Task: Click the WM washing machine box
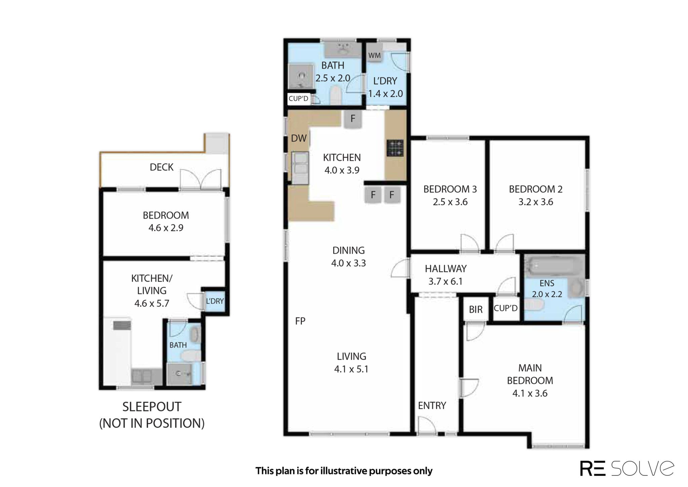coord(374,55)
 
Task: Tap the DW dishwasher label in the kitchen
coord(299,138)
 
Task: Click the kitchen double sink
coord(300,168)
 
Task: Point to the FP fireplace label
coord(300,321)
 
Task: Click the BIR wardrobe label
coord(476,309)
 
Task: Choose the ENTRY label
coord(432,405)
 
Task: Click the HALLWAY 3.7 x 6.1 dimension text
coord(445,281)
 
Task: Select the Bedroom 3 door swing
coord(470,243)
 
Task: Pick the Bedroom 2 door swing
coord(505,243)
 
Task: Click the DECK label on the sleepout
coord(162,167)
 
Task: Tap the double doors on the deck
coord(201,179)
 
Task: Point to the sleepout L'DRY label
coord(215,301)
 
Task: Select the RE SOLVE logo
coord(627,468)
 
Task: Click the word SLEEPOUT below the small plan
coord(152,407)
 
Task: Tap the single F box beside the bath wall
coord(353,119)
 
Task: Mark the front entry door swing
coord(427,426)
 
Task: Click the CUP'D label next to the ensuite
coord(506,308)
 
